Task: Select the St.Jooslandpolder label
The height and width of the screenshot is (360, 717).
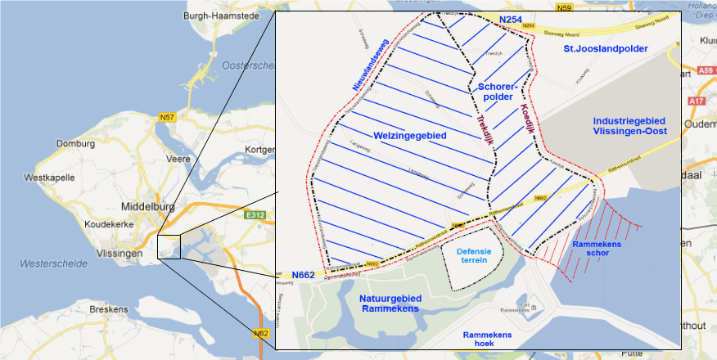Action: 605,50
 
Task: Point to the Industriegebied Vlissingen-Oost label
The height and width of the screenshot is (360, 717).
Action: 630,126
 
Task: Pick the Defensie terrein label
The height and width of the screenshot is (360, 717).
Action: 474,255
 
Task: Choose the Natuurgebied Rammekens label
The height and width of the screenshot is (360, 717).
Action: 389,304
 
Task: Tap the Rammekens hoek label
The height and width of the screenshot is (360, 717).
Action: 487,340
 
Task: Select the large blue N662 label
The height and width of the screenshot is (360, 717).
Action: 303,275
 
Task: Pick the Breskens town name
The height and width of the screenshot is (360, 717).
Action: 108,309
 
